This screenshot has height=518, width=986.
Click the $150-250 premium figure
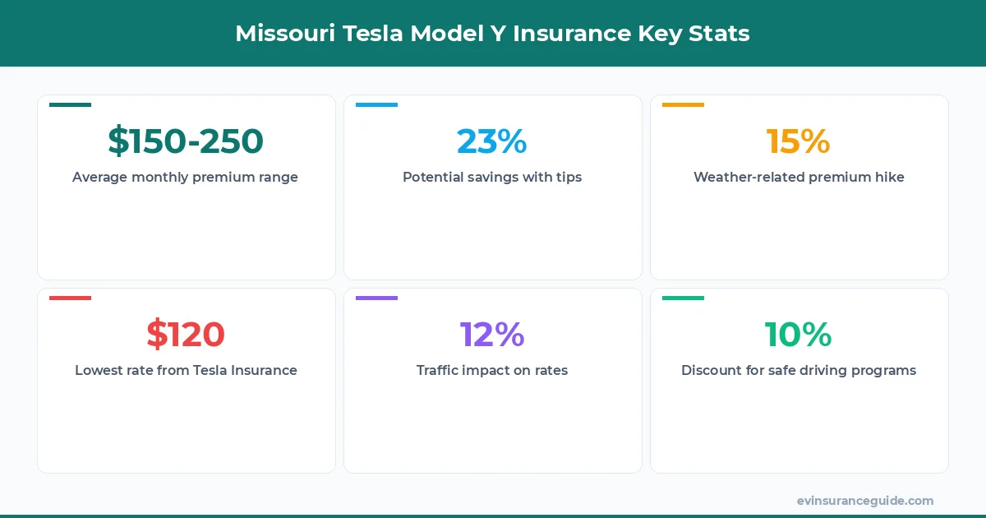point(186,141)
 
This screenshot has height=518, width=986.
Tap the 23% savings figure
point(492,141)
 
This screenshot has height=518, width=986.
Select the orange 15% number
point(799,141)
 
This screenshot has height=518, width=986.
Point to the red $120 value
point(186,335)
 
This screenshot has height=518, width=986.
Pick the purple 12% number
point(492,335)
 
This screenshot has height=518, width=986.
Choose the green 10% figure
point(799,335)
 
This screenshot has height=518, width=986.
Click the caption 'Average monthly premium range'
point(186,177)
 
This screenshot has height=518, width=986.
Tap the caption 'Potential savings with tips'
point(492,177)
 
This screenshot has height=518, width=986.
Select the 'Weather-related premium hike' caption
point(799,177)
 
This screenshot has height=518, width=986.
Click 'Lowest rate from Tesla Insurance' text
point(186,370)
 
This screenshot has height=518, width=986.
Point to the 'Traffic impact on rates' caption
point(492,370)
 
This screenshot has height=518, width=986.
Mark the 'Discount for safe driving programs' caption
point(799,370)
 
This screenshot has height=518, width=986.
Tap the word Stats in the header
point(721,34)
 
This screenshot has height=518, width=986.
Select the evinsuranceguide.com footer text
point(865,500)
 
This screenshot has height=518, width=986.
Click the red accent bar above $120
point(70,298)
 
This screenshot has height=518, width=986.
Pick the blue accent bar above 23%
point(376,104)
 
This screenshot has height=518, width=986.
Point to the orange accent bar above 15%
point(683,104)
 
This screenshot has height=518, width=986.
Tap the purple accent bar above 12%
point(376,298)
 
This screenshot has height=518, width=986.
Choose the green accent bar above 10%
point(683,298)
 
